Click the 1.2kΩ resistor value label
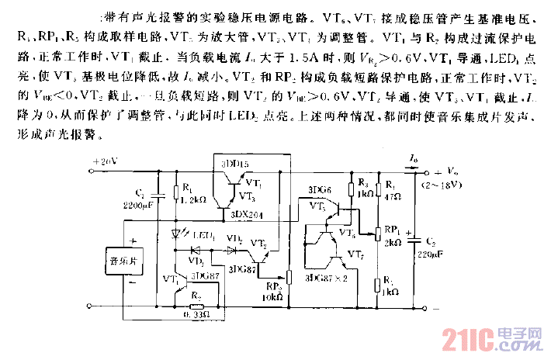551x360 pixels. tap(192, 199)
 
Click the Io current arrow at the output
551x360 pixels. tap(412, 165)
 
